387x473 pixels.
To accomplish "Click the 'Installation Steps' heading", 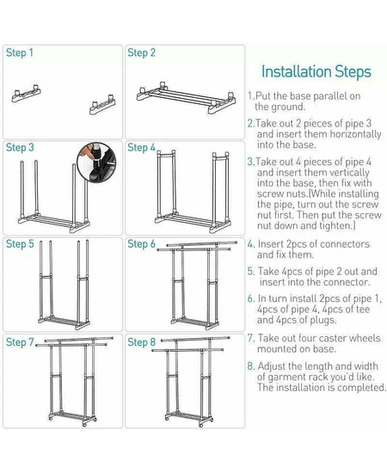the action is tap(316, 72).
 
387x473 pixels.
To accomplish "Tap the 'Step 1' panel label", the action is tap(20, 52).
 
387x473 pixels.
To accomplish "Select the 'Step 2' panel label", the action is tap(141, 52).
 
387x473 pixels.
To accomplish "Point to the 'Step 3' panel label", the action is tap(20, 148).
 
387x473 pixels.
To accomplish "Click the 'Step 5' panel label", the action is tap(20, 243).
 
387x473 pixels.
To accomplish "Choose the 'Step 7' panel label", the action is tap(20, 342).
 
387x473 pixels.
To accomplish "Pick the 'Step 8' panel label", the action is tap(141, 342).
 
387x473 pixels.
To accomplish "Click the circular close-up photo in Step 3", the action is tap(96, 162).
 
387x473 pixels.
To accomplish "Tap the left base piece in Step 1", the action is tap(27, 93).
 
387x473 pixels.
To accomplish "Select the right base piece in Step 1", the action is tap(102, 104).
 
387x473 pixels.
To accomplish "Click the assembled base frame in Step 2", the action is tap(186, 97).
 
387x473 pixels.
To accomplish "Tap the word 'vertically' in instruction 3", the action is tap(349, 173).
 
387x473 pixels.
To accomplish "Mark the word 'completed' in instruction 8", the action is tap(360, 388).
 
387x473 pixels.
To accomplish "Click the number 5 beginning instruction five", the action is tap(250, 272).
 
